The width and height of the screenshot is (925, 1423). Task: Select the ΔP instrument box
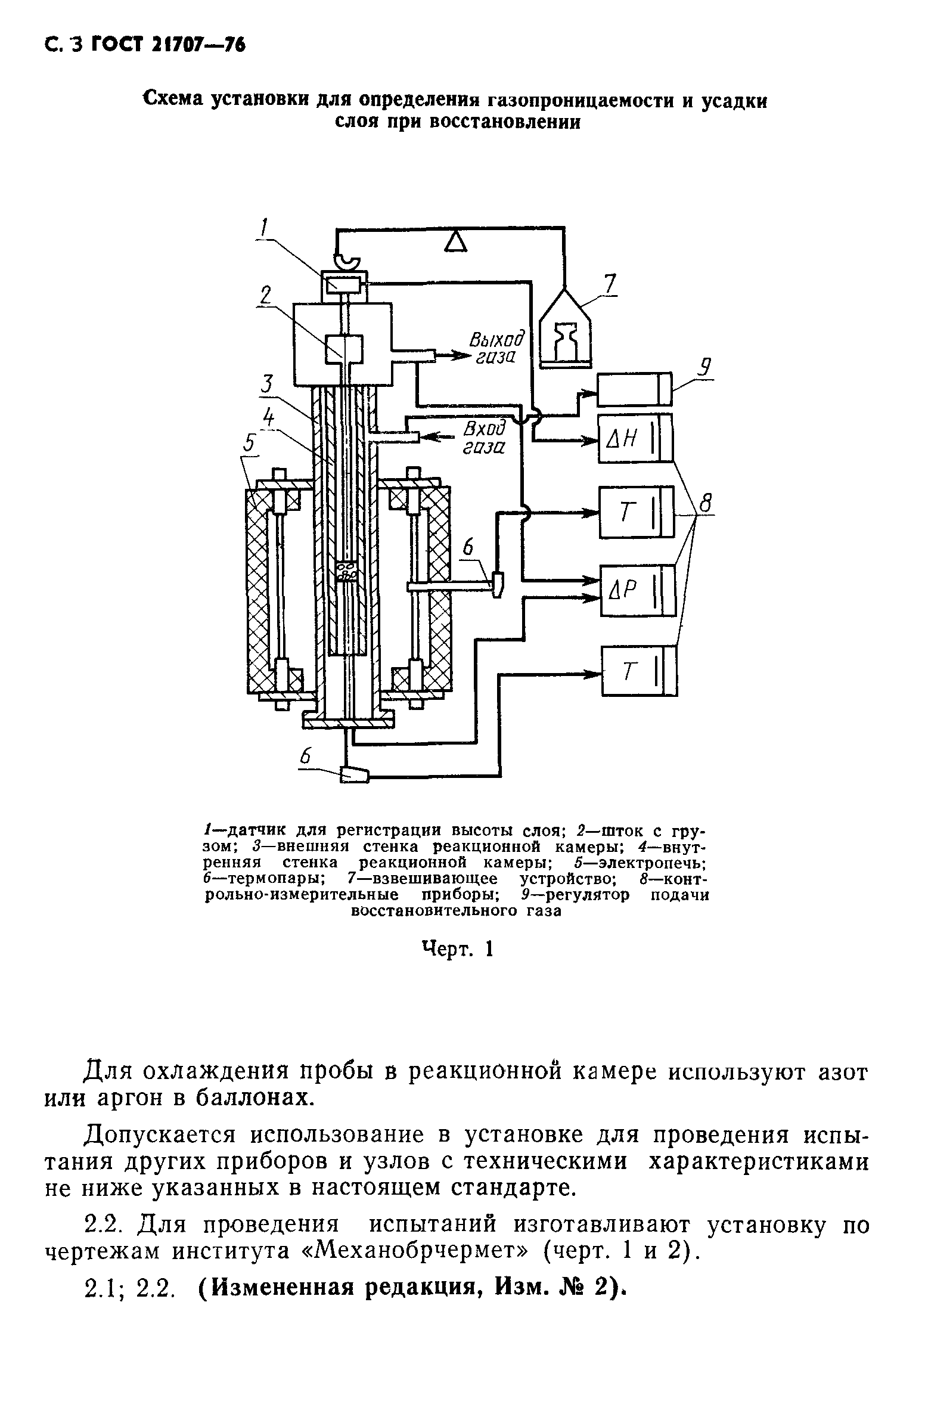pos(637,590)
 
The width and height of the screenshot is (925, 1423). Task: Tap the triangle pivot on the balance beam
pos(457,241)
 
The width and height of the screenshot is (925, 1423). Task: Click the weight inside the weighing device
pos(565,342)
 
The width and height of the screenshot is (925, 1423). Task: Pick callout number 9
pos(706,366)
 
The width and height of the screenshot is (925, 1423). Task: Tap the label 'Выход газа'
pos(495,349)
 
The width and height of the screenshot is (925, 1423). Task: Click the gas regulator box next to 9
pos(635,389)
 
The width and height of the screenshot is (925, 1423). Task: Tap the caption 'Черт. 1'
pos(457,948)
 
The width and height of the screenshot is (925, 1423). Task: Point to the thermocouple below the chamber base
pos(354,774)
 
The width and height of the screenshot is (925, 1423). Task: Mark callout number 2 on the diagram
pos(265,295)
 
